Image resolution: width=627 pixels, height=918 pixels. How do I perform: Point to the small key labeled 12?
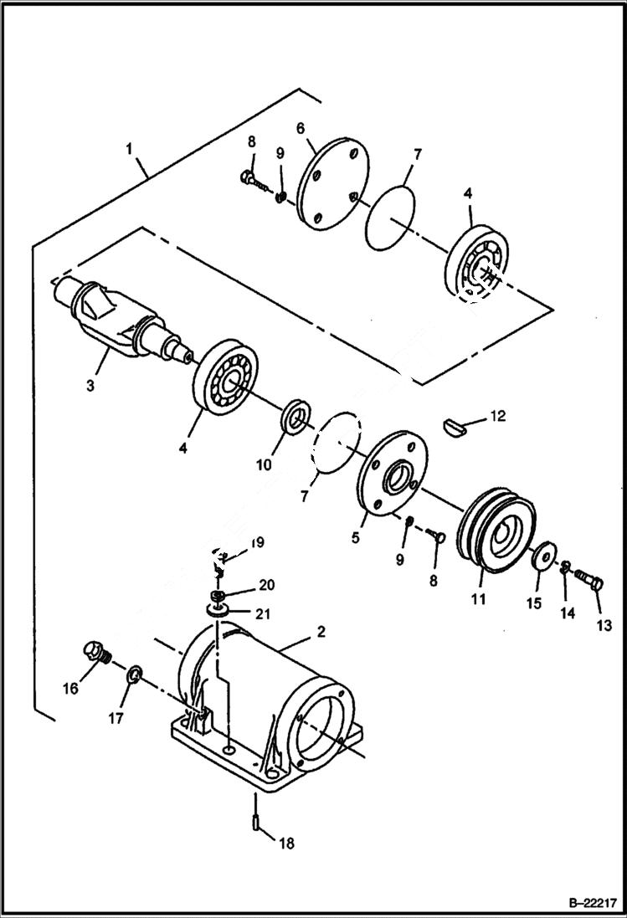click(x=458, y=425)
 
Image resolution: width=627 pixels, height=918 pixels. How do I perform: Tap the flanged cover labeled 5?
click(x=392, y=474)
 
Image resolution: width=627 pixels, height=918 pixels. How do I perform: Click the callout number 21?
click(x=264, y=614)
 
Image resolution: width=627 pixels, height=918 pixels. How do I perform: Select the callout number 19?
click(x=257, y=542)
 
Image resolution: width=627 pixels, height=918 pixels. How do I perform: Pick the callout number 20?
click(x=265, y=584)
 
